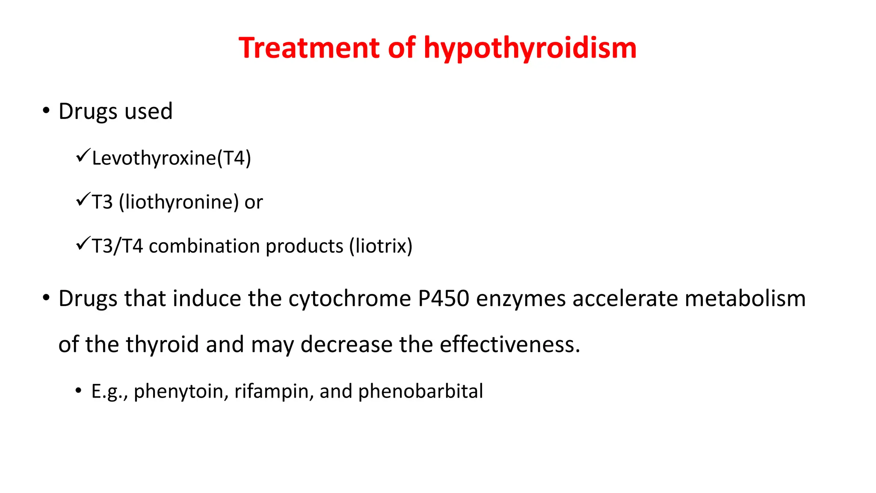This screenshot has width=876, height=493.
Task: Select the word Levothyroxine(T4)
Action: tap(171, 158)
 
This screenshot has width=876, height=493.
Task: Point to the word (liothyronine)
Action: tap(178, 202)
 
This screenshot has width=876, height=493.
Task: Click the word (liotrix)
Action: tap(381, 246)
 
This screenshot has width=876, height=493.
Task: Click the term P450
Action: tap(444, 298)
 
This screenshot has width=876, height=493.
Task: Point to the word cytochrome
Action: tap(349, 299)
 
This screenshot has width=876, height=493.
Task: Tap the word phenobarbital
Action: tap(420, 391)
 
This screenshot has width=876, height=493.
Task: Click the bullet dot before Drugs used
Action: tap(46, 111)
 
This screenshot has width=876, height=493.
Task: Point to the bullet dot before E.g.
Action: tap(78, 390)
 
